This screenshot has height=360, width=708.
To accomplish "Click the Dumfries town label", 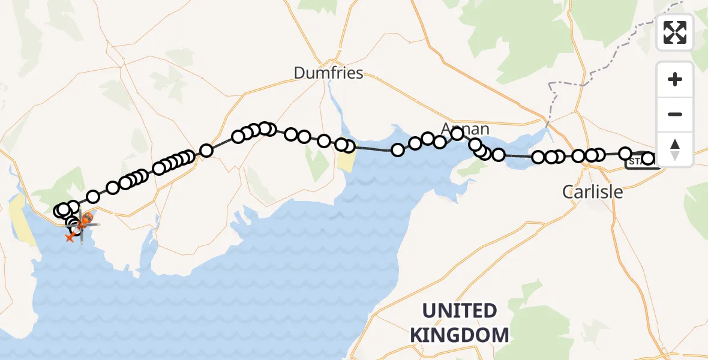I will [x=328, y=73].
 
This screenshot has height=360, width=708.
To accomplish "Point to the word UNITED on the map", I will [x=460, y=311].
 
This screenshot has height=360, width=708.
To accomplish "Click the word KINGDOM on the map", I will [x=460, y=334].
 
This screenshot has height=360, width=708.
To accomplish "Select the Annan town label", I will [x=465, y=128].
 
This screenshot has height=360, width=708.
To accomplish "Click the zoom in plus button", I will [x=675, y=79].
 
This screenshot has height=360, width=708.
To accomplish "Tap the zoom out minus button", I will [x=675, y=114].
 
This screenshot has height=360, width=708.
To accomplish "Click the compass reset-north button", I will [x=675, y=149].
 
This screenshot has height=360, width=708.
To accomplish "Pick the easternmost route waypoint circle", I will [x=648, y=159].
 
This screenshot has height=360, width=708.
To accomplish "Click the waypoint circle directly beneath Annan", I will [x=457, y=134].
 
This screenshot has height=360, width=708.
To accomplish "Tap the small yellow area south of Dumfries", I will [x=346, y=161].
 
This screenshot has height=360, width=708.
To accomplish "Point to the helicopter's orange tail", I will [x=70, y=238].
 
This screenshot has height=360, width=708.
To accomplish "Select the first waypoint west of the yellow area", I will [x=341, y=145].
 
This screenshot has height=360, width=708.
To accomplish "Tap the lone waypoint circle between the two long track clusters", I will [x=206, y=151].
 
